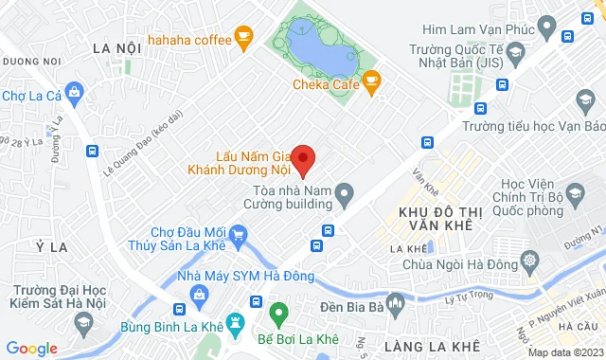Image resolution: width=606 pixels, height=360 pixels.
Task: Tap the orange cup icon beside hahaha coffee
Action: coord(243,38)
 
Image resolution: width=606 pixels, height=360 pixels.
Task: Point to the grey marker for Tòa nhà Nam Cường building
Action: coord(346,197)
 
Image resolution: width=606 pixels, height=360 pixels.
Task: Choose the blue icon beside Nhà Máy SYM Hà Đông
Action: coord(200,295)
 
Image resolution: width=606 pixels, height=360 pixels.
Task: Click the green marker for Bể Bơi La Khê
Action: coord(277,312)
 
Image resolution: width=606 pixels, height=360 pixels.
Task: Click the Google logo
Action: coord(31,349)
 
